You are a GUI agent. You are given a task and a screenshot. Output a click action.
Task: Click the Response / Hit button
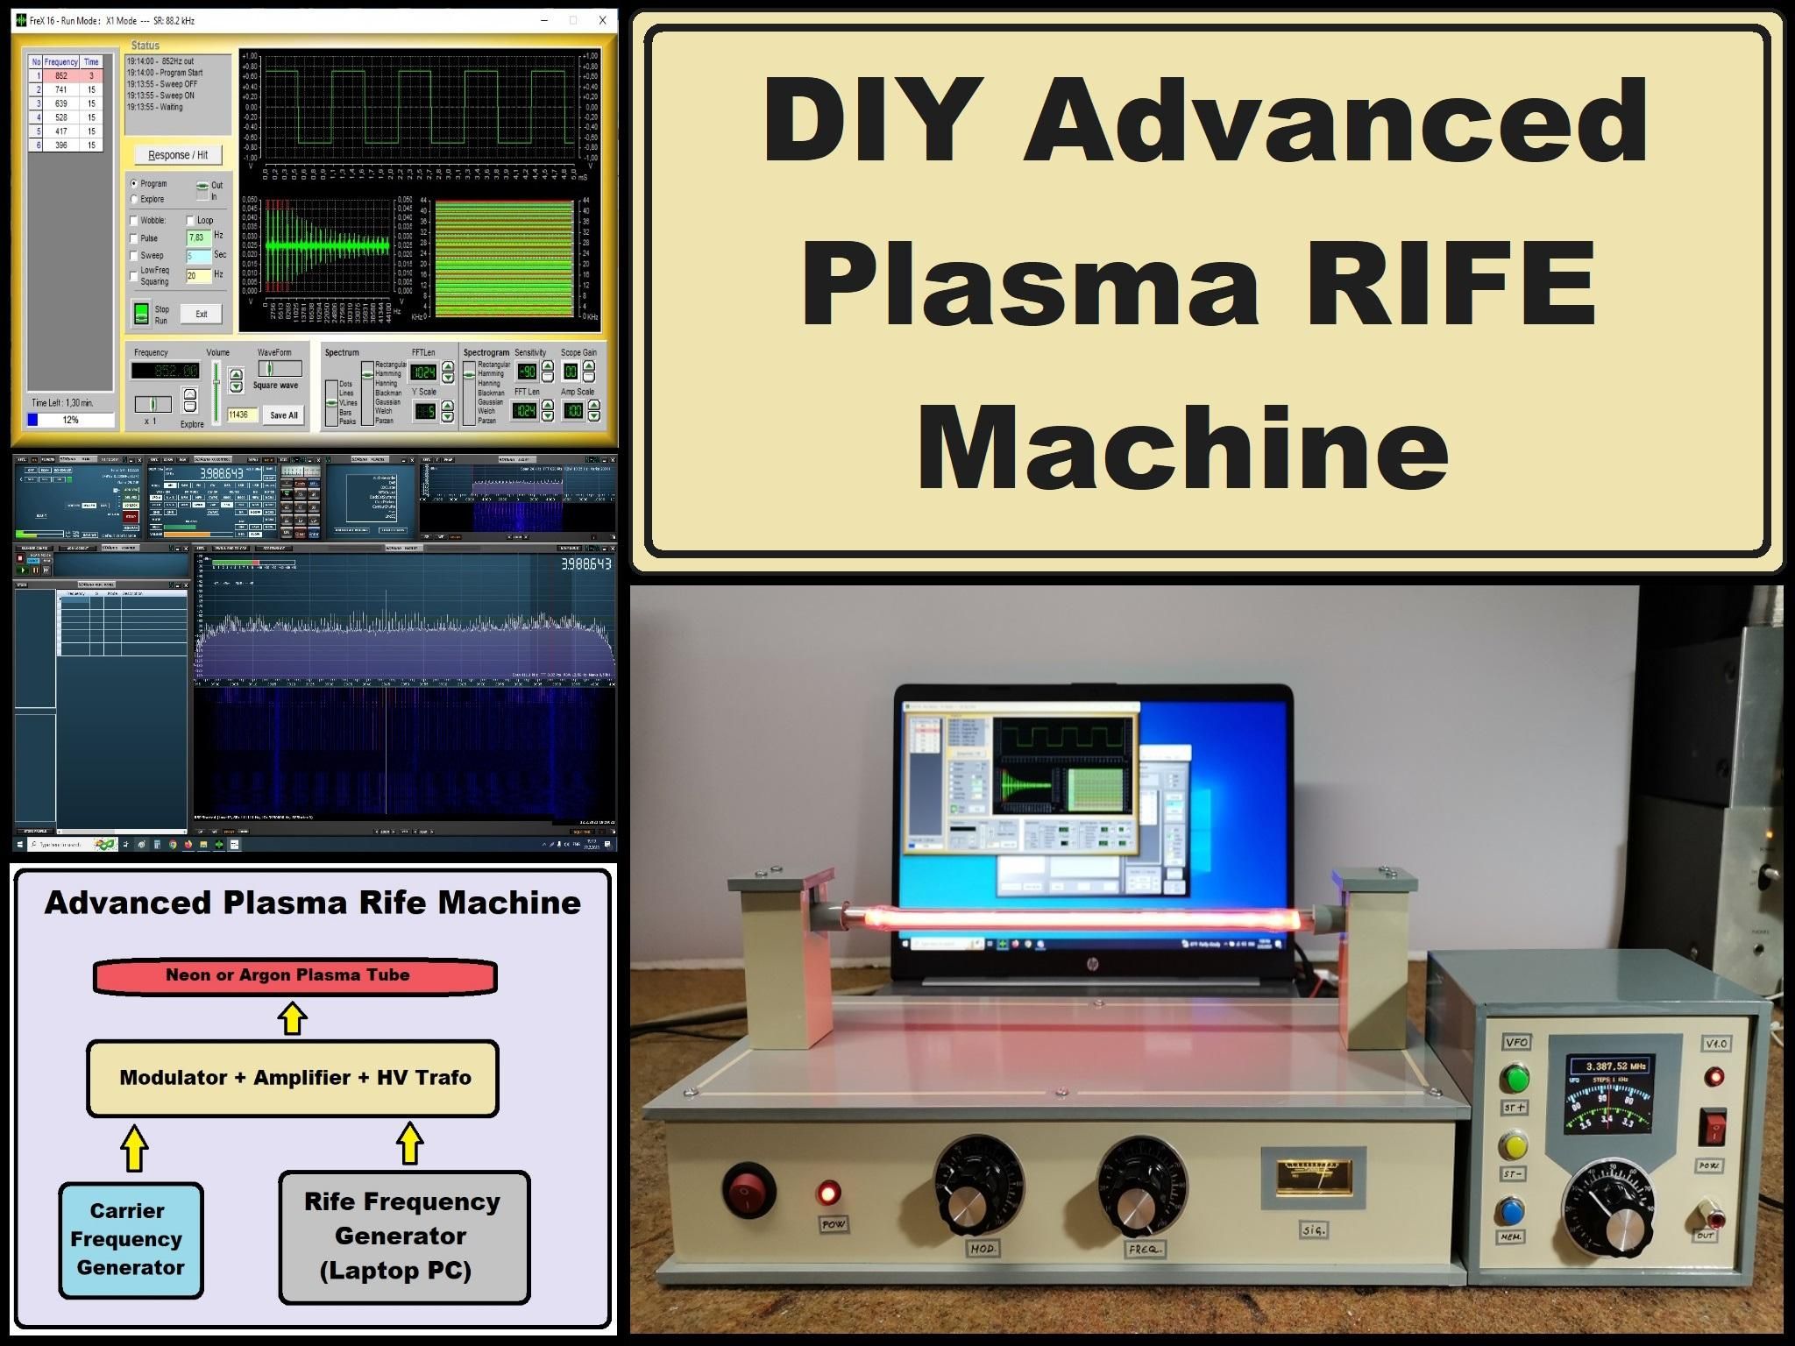[x=178, y=155]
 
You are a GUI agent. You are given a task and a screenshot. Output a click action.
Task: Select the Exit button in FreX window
[x=201, y=314]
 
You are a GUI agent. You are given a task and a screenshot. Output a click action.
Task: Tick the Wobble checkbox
[x=134, y=221]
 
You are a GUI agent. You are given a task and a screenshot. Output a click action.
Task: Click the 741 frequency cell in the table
[x=60, y=89]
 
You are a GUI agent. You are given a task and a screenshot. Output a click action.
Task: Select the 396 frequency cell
[x=60, y=145]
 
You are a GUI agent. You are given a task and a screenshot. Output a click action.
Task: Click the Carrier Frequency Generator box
[x=131, y=1239]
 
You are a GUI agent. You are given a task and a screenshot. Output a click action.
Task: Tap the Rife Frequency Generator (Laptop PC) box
[x=403, y=1236]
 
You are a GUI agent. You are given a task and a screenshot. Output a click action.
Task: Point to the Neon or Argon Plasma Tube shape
[x=294, y=976]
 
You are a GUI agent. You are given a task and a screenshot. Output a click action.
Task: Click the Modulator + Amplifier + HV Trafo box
[x=293, y=1078]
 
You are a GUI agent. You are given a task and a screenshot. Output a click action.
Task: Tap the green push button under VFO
[x=1514, y=1078]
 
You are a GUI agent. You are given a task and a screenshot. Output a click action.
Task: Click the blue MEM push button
[x=1512, y=1211]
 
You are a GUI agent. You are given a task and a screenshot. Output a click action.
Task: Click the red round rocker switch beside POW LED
[x=749, y=1192]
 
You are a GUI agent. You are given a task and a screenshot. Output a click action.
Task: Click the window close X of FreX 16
[x=602, y=20]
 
